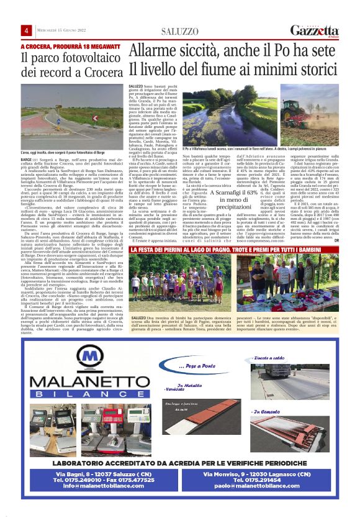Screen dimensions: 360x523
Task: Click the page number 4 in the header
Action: click(27, 31)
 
